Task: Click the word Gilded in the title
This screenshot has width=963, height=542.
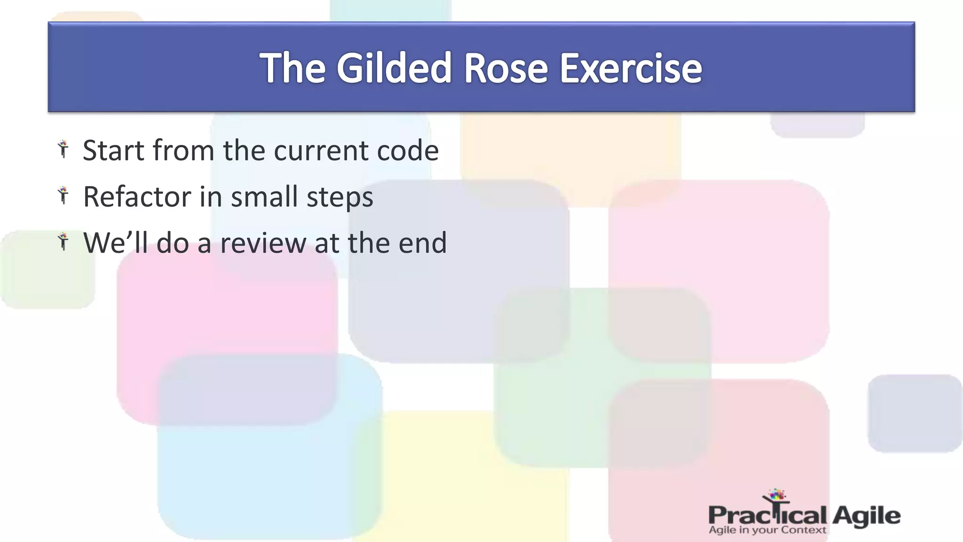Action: point(394,68)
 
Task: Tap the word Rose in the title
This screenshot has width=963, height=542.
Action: point(505,68)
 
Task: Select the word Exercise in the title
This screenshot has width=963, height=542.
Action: point(631,68)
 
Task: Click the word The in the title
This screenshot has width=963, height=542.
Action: point(292,68)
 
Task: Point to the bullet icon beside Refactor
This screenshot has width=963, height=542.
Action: point(63,195)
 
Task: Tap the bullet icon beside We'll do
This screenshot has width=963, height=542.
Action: point(63,241)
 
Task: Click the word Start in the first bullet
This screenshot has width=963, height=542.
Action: point(113,151)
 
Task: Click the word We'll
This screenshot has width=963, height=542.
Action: point(116,243)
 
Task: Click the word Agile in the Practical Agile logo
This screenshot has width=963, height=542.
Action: point(866,516)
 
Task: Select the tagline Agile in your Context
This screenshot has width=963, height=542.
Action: point(767,530)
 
